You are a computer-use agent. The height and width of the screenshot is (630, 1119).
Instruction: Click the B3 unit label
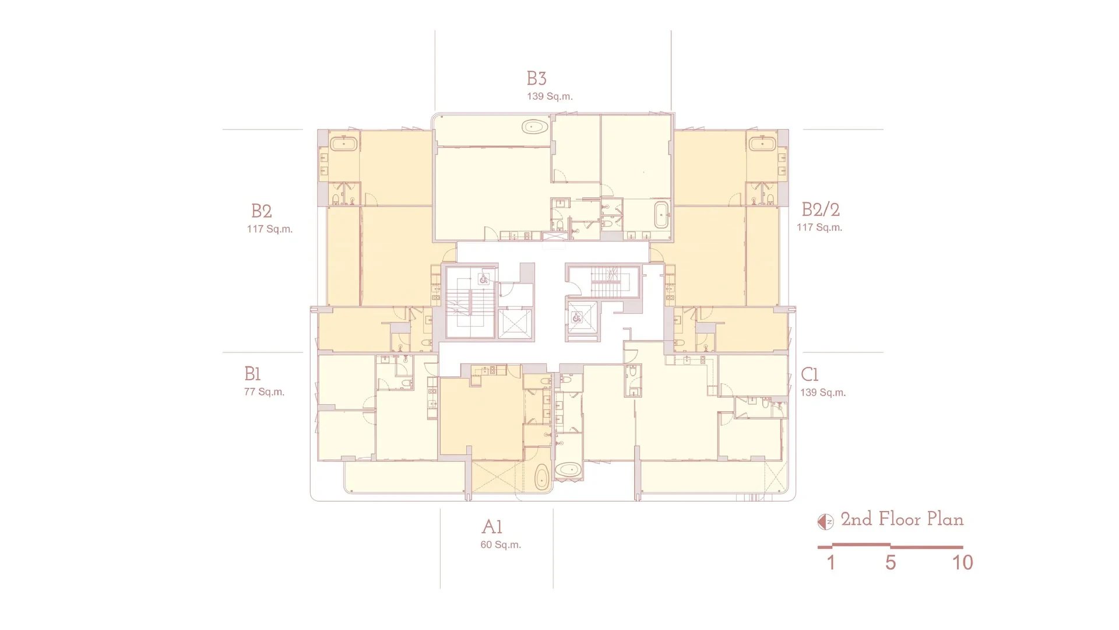click(536, 78)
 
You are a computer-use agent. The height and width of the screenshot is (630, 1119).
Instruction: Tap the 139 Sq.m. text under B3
click(550, 96)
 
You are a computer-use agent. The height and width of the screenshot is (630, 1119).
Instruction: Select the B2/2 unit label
click(821, 209)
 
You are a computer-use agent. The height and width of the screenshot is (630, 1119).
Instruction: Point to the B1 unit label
click(252, 373)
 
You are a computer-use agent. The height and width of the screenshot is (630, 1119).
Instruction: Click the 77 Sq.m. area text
click(264, 392)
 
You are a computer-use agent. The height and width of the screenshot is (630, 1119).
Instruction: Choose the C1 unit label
click(810, 374)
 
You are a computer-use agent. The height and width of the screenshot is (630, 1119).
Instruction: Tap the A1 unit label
click(492, 527)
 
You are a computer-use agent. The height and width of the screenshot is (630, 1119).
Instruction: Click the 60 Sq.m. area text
click(501, 545)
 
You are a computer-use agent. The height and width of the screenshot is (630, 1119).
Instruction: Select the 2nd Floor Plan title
click(902, 519)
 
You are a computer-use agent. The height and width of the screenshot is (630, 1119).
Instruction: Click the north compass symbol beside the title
click(825, 521)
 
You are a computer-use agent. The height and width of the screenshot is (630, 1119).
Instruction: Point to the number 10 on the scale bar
click(963, 562)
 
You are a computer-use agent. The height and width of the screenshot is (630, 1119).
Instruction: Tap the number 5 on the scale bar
click(891, 562)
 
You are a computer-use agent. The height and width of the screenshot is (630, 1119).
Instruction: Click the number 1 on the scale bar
click(831, 562)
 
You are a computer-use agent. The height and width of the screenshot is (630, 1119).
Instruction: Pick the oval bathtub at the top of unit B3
click(535, 127)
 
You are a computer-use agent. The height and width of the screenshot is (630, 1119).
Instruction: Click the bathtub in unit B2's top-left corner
click(344, 143)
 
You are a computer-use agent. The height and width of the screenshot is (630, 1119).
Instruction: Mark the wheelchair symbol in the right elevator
click(577, 318)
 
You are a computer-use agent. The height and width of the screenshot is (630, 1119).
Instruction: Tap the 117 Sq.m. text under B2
click(269, 229)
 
